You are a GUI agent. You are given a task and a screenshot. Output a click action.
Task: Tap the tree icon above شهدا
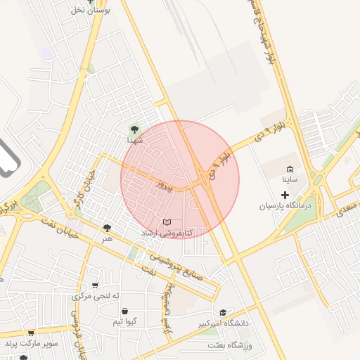134,129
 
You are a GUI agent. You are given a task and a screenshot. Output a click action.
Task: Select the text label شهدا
134,141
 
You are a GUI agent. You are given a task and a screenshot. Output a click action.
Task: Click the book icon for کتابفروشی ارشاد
167,221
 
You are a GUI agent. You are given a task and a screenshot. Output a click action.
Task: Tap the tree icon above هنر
107,228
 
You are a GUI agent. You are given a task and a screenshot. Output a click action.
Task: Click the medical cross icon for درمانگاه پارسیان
285,194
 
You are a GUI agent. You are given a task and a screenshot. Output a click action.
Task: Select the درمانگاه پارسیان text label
285,206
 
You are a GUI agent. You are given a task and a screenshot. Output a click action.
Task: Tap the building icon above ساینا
290,169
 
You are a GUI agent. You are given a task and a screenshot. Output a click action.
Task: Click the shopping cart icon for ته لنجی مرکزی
95,285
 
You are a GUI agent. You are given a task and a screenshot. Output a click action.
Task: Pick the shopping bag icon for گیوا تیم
124,311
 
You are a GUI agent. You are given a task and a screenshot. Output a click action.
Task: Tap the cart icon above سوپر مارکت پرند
30,333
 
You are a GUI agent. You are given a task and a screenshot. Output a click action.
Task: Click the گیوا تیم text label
124,321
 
